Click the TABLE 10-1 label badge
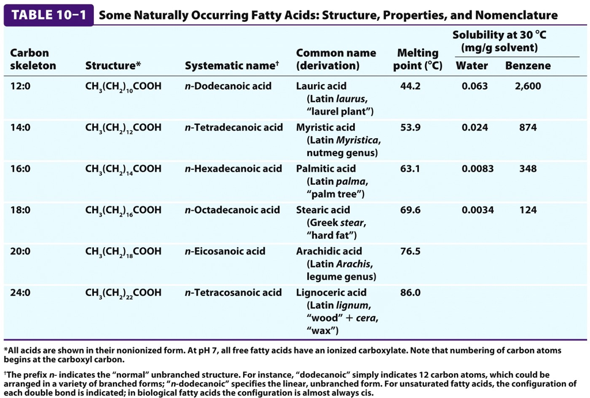(x=48, y=15)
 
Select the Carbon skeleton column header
(x=33, y=59)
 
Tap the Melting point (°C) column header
(x=418, y=59)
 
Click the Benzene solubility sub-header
(x=528, y=66)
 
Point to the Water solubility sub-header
(x=471, y=66)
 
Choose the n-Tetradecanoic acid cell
(x=234, y=127)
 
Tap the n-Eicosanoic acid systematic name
(x=225, y=251)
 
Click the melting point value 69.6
(x=410, y=210)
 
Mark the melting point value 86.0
(x=410, y=293)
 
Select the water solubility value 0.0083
(x=477, y=169)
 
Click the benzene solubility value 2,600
(x=528, y=86)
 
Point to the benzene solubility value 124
(x=528, y=210)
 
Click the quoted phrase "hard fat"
(x=332, y=235)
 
